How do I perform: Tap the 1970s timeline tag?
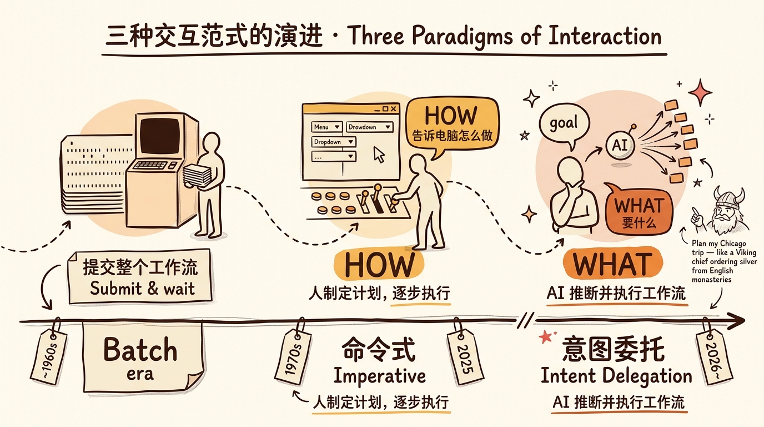pyautogui.click(x=293, y=354)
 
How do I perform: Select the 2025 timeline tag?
pyautogui.click(x=465, y=354)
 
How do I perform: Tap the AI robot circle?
pyautogui.click(x=620, y=145)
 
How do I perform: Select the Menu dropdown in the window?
pyautogui.click(x=326, y=127)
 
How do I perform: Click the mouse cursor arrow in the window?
pyautogui.click(x=379, y=155)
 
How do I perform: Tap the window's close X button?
pyautogui.click(x=393, y=108)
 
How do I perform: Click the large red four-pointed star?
pyautogui.click(x=700, y=92)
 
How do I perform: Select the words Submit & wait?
pyautogui.click(x=142, y=289)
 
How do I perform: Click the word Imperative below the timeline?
pyautogui.click(x=380, y=376)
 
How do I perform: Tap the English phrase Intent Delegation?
pyautogui.click(x=616, y=376)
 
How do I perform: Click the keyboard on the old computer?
pyautogui.click(x=150, y=165)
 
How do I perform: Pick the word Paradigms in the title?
pyautogui.click(x=462, y=36)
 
